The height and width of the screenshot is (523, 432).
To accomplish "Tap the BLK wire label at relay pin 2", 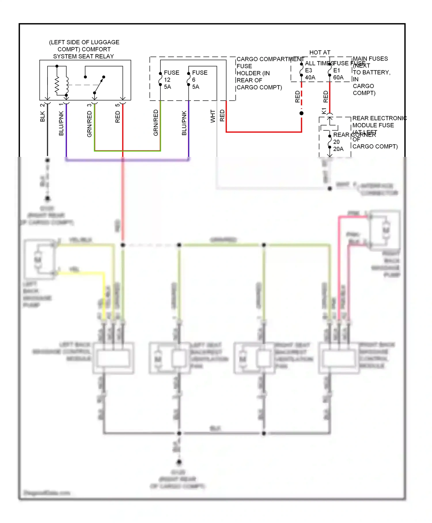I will (43, 116).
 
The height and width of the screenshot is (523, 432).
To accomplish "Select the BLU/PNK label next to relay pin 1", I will (61, 123).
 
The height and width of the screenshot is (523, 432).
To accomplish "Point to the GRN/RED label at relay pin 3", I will (89, 124).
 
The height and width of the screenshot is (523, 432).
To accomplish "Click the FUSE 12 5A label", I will (171, 80).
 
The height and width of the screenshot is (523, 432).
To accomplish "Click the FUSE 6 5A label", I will (200, 80).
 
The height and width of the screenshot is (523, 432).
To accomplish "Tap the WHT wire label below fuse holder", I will (213, 116).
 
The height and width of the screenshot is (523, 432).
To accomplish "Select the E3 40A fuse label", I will (310, 74).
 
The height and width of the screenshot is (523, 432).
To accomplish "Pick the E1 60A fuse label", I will (338, 74).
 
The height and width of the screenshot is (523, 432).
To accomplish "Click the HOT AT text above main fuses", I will (320, 52).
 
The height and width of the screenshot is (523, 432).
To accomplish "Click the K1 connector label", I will (324, 111).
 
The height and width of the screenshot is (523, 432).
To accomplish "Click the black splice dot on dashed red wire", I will (302, 113).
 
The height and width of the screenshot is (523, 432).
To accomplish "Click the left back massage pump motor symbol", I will (38, 259).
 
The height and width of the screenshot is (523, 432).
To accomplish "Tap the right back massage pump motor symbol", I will (386, 230).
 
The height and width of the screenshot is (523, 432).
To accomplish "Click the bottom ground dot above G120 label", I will (179, 462).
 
